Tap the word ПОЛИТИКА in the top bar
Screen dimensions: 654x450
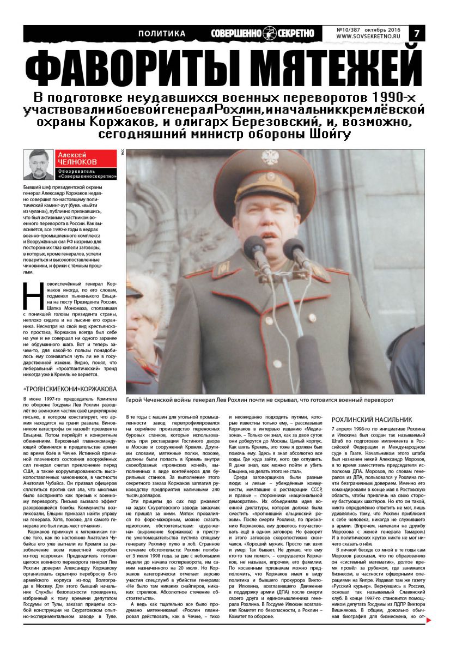[x=161, y=34]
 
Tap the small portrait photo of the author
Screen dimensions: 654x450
[x=38, y=165]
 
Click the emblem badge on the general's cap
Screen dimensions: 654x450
[x=268, y=158]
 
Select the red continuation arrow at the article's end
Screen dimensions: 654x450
[x=429, y=635]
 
